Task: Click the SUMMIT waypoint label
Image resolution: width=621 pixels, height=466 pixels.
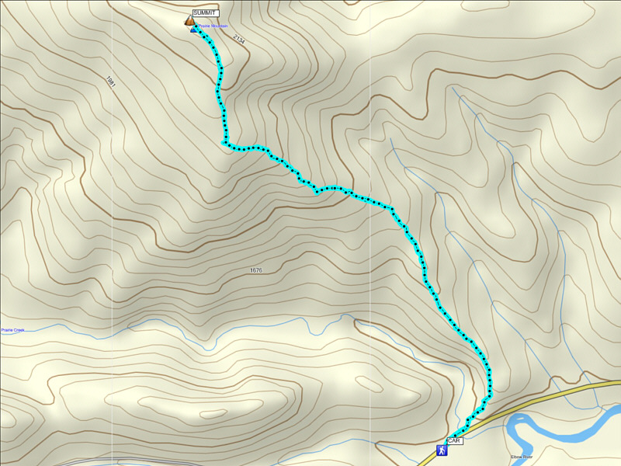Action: click(205, 13)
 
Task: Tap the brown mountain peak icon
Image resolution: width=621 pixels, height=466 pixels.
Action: click(189, 21)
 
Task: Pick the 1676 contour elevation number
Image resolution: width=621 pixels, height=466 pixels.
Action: click(256, 270)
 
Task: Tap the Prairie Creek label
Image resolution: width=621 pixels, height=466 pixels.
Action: click(12, 330)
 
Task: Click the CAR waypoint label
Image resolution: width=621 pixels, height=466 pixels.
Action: click(455, 440)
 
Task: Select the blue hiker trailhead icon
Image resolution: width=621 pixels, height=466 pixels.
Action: click(441, 450)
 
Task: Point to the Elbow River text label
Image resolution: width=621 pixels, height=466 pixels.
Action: click(522, 457)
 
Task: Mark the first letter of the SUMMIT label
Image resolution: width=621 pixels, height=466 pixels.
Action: click(195, 13)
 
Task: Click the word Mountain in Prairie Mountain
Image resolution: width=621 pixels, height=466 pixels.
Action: click(221, 26)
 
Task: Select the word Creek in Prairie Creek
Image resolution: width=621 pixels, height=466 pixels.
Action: click(19, 330)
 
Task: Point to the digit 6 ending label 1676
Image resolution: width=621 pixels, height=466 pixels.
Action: click(260, 270)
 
